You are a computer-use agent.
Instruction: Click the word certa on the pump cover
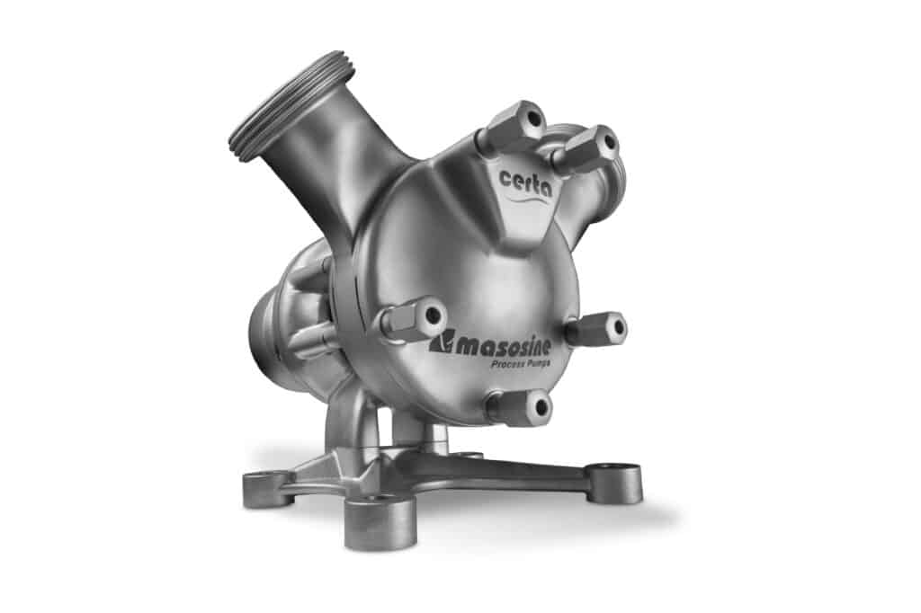(524, 181)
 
